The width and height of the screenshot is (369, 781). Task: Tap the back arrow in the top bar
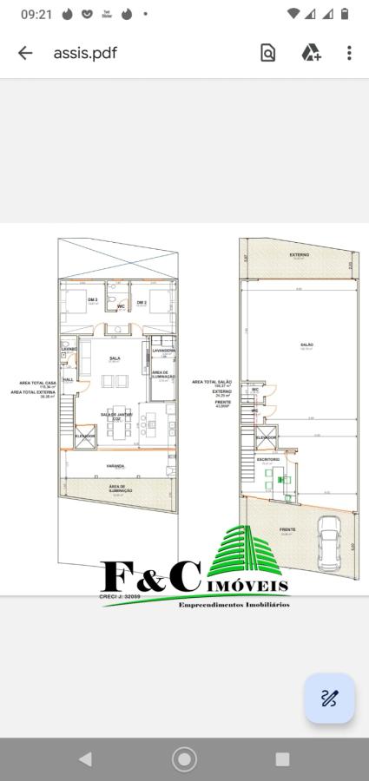pyautogui.click(x=25, y=53)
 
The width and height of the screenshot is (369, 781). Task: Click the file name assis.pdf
pyautogui.click(x=85, y=53)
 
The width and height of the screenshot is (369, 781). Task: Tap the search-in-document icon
pyautogui.click(x=268, y=53)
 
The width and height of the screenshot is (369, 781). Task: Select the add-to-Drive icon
pyautogui.click(x=311, y=53)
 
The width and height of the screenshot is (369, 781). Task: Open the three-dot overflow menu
pyautogui.click(x=349, y=53)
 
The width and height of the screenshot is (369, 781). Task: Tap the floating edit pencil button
pyautogui.click(x=329, y=698)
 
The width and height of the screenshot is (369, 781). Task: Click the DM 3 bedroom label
pyautogui.click(x=92, y=301)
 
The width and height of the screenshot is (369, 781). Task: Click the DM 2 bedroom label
pyautogui.click(x=141, y=302)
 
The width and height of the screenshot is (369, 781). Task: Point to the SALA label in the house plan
pyautogui.click(x=115, y=358)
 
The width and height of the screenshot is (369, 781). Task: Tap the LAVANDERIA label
pyautogui.click(x=163, y=351)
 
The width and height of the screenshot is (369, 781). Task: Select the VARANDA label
pyautogui.click(x=115, y=466)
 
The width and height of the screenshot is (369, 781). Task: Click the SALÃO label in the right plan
pyautogui.click(x=306, y=345)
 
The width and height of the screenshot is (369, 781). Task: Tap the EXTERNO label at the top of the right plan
pyautogui.click(x=300, y=255)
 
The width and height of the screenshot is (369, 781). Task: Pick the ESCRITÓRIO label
pyautogui.click(x=267, y=459)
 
